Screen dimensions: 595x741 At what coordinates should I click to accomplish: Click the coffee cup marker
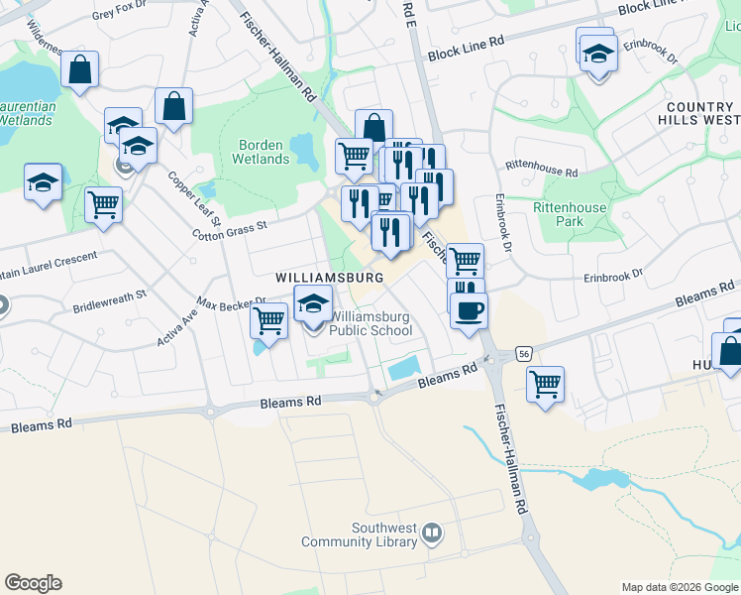click(x=469, y=310)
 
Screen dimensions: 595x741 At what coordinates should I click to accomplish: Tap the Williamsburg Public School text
click(x=370, y=324)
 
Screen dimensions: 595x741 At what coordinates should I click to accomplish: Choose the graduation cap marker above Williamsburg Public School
click(x=314, y=303)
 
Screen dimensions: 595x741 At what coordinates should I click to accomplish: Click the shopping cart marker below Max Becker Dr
click(x=269, y=320)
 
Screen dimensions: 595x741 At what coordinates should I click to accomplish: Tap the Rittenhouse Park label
click(x=557, y=214)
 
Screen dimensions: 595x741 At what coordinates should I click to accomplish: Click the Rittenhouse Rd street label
click(x=541, y=171)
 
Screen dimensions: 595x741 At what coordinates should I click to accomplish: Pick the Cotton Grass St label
click(x=229, y=229)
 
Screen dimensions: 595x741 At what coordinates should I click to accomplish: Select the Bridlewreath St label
click(x=109, y=300)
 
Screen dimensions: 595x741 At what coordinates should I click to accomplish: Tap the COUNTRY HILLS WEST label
click(x=699, y=113)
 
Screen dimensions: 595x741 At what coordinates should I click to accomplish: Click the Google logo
click(x=33, y=583)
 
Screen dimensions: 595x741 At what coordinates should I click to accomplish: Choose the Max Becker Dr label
click(x=232, y=300)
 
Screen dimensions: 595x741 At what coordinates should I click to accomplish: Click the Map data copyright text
click(x=679, y=587)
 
